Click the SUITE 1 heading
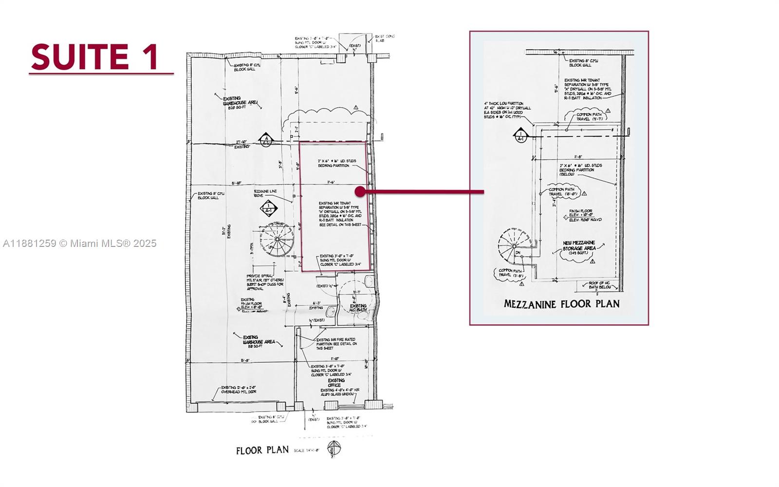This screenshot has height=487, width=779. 95,56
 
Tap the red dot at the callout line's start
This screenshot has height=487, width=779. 360,192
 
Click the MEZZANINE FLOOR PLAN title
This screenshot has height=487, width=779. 561,304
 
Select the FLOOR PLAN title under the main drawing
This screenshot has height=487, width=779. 262,450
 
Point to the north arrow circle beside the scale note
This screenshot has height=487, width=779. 334,449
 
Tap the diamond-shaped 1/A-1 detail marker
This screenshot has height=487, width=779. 268,209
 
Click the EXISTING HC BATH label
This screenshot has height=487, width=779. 358,308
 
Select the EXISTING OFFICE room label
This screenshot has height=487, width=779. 336,383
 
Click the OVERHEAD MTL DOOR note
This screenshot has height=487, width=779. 239,390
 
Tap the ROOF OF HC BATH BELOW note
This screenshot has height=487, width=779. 599,285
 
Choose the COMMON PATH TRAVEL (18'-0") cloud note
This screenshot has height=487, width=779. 562,191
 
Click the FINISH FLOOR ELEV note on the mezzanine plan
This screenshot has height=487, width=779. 585,215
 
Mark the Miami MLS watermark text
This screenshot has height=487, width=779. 80,243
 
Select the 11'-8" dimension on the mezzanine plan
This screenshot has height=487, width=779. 578,157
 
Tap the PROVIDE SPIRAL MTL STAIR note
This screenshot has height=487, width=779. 265,282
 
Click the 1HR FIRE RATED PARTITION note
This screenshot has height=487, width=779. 336,344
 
